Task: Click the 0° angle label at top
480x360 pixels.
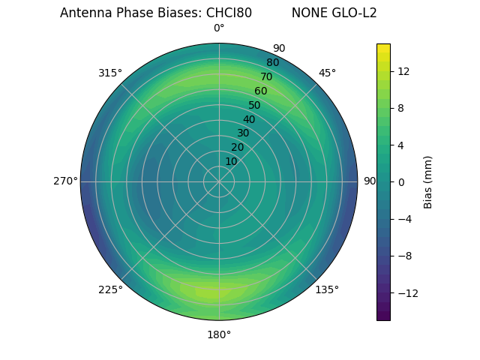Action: click(x=219, y=28)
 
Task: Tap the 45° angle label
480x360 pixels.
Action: click(x=327, y=73)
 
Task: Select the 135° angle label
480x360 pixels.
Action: click(x=327, y=289)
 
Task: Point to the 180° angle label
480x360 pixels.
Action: click(x=219, y=334)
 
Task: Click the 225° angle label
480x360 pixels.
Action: click(x=110, y=289)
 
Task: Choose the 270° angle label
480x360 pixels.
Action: click(x=65, y=181)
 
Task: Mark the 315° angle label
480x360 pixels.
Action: click(x=110, y=73)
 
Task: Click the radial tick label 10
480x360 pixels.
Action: click(x=231, y=161)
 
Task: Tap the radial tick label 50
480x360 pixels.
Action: click(x=254, y=105)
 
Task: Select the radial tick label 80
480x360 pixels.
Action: click(x=272, y=62)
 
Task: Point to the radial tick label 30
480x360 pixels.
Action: click(x=243, y=133)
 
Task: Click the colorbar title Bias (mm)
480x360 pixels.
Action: click(x=428, y=181)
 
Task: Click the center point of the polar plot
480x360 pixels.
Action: click(x=219, y=181)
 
